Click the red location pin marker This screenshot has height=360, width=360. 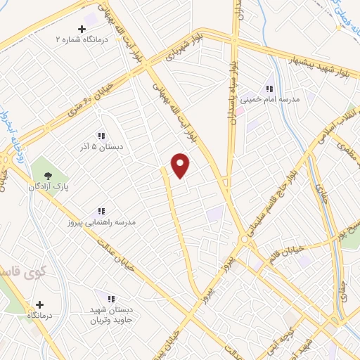(x=181, y=165)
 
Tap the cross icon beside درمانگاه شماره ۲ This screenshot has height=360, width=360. (x=82, y=29)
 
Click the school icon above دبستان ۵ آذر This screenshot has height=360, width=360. (x=101, y=136)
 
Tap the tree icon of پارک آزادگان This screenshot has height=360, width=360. (x=48, y=176)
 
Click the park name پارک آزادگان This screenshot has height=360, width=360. (x=46, y=188)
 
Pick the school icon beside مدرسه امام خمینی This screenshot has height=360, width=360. (x=270, y=89)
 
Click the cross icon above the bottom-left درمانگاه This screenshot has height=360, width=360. (x=39, y=305)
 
